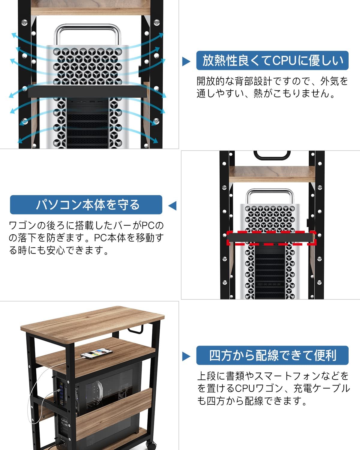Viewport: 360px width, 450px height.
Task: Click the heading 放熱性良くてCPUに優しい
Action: click(272, 61)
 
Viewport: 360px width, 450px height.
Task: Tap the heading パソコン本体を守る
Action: click(86, 205)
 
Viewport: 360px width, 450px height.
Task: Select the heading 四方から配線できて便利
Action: click(272, 355)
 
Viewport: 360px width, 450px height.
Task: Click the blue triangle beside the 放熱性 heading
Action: click(186, 62)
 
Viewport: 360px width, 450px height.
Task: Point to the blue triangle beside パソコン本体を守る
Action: click(172, 206)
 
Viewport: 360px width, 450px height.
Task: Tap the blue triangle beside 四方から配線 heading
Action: click(186, 356)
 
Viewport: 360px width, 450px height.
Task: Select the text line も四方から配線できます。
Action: click(252, 401)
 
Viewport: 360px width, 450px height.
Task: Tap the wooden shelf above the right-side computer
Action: click(272, 174)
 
